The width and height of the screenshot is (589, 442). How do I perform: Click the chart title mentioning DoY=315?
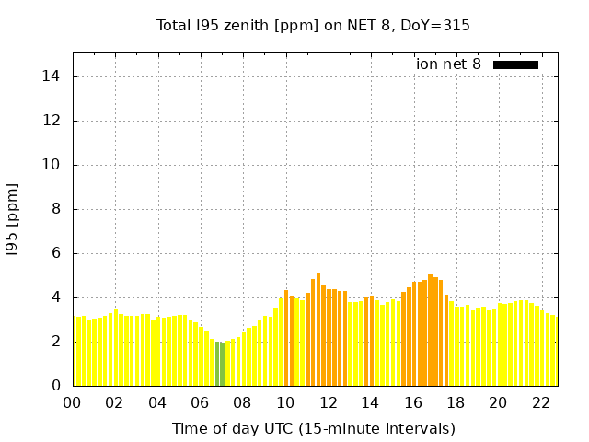coord(313,26)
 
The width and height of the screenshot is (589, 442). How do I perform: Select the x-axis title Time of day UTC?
coord(313,428)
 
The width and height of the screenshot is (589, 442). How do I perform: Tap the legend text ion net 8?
coord(448,64)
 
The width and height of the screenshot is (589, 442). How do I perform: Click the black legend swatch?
coord(515,64)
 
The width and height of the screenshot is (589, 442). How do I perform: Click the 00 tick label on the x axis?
coord(72,402)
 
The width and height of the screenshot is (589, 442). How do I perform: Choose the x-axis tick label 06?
coord(200,402)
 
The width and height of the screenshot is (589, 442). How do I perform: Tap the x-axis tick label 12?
coord(328,402)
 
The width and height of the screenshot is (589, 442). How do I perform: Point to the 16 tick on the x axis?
coord(413,402)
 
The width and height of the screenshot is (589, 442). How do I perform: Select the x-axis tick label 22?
coord(541,402)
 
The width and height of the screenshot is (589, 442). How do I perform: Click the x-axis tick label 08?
coord(242,402)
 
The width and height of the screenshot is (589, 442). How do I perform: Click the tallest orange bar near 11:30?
coord(318,330)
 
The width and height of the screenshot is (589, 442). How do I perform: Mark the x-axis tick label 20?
coord(498,402)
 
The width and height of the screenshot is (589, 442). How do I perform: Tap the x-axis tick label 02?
coord(114,402)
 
